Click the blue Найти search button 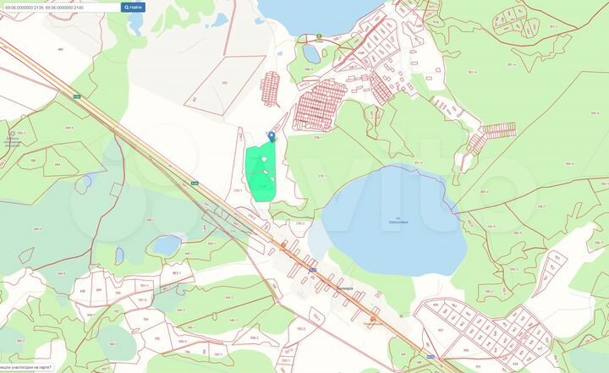click(x=134, y=7)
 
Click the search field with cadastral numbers click(x=59, y=7)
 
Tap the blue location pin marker click(x=272, y=135)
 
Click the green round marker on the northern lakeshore click(x=319, y=36)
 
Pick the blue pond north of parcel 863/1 click(x=167, y=244)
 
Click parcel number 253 click(x=224, y=82)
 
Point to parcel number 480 click(x=60, y=49)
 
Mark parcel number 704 click(x=123, y=320)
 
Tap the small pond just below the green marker click(x=311, y=55)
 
